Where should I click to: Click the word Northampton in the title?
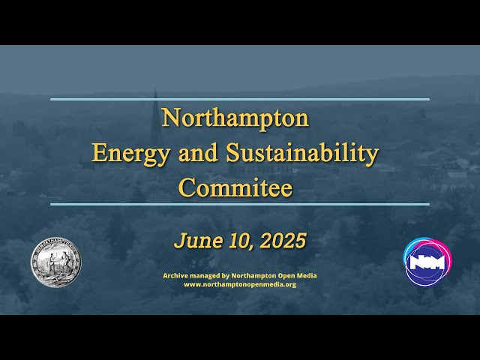(235, 118)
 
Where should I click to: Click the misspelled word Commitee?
(235, 187)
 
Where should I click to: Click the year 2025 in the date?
(284, 241)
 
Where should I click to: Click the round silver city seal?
(55, 263)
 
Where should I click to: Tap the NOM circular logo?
(427, 262)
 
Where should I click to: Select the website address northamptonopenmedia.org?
(240, 284)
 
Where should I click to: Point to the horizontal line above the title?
(240, 99)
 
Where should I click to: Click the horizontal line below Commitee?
(240, 204)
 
